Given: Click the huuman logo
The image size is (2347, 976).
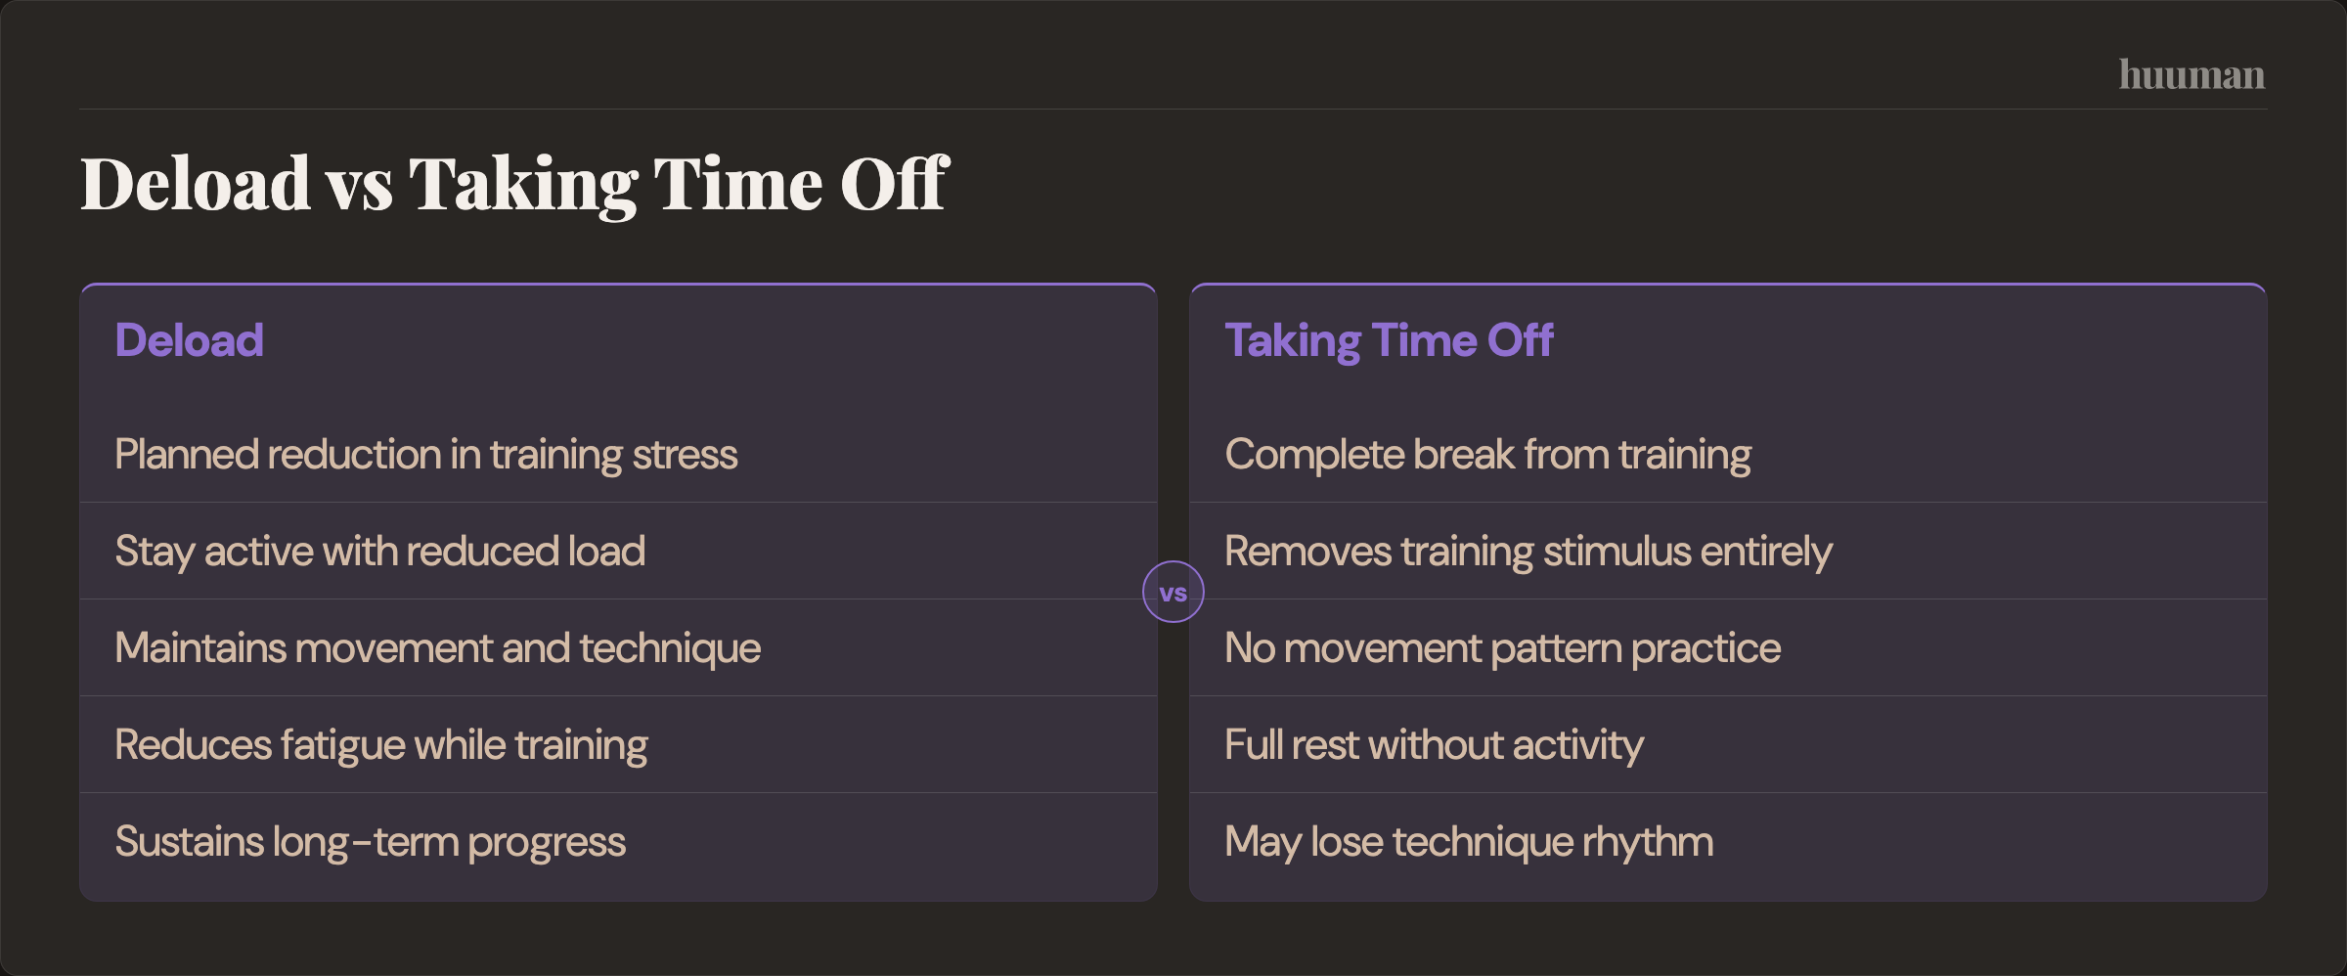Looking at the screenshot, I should pos(2191,75).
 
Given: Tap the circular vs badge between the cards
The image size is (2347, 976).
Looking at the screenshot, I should pos(1173,592).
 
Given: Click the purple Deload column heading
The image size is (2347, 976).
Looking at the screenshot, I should pos(189,340).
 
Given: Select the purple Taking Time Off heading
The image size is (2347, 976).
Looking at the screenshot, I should pos(1389,340).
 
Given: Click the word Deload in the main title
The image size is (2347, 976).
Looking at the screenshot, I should pos(196,184).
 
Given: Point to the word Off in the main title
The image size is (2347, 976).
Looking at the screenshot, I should pos(894,184).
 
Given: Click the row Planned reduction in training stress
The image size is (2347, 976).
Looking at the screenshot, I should pos(425,455).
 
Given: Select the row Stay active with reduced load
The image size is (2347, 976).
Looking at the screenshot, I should pos(379,552).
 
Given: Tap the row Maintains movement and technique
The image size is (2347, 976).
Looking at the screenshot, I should pos(437,648).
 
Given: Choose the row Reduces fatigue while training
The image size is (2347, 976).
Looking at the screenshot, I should pos(380,745).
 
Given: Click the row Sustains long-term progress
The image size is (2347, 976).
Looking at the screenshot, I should pos(370,842).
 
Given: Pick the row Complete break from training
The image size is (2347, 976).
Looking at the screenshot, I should pos(1487,455).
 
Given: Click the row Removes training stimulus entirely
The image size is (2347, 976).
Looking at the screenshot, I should pos(1528,552).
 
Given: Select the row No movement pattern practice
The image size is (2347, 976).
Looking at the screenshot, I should pos(1502,648).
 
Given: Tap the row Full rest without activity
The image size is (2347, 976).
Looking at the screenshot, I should pos(1434,745).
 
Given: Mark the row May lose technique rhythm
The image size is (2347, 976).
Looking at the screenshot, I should pos(1469,842).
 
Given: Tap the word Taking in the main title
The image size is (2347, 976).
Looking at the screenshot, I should pos(523,184).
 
